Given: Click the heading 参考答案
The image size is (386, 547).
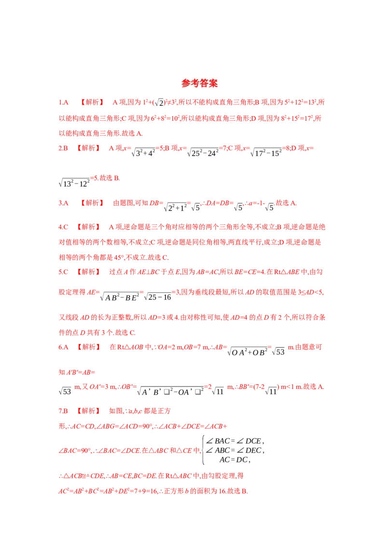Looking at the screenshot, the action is coord(199,83).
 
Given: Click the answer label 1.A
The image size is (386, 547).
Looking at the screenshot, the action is coord(63,102).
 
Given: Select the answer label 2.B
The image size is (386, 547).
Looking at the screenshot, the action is coord(63,148).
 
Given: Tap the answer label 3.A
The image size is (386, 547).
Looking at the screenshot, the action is coord(63,203).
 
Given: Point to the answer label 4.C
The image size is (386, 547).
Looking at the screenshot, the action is coord(63,227).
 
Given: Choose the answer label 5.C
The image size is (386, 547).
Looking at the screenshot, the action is coord(63,272).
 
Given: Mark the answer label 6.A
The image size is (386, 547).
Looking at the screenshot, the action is coord(63,347).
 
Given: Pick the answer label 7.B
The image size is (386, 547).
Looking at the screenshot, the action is coord(63,411).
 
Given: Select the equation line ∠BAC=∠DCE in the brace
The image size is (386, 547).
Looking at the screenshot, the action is coord(235,441).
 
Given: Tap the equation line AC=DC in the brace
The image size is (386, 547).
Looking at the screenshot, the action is coord(235,460).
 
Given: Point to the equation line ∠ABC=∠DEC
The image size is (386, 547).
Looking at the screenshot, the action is coord(235,450).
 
